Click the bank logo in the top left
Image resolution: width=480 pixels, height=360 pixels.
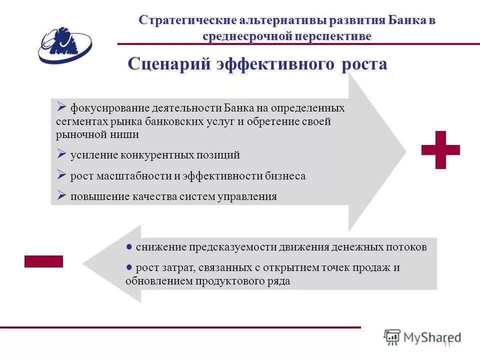pos(64,45)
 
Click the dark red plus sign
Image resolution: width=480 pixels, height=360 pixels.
pos(440,149)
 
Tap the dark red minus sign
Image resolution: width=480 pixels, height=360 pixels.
pos(43,261)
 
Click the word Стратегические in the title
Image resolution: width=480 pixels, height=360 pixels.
pos(187,20)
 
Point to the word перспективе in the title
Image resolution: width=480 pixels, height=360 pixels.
pos(339,36)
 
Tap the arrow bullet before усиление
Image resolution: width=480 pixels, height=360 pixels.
pos(61,153)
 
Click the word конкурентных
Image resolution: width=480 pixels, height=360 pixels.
pos(156,155)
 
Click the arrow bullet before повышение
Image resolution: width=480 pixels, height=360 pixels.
pos(61,195)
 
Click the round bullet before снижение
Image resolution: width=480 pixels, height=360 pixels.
pos(129,246)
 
